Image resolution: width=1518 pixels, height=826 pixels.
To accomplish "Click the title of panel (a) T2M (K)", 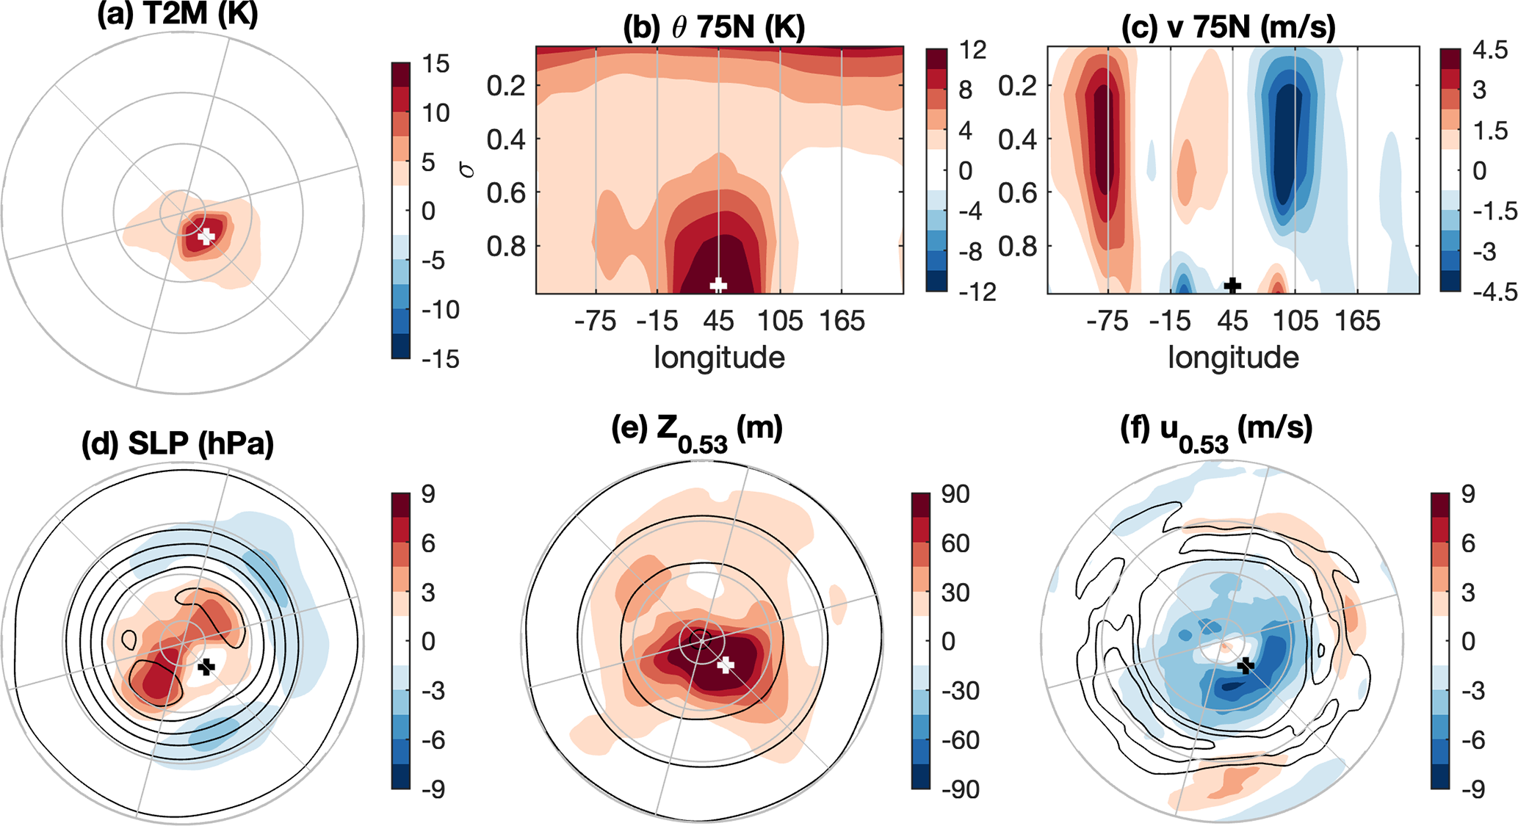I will coord(178,15).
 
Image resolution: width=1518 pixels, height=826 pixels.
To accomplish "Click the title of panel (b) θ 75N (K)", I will coord(714,28).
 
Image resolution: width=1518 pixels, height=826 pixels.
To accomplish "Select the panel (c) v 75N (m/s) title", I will coord(1229,28).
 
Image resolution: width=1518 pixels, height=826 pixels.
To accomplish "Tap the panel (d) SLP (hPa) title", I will coord(178,443).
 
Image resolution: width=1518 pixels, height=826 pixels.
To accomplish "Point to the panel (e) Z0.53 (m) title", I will coord(697,430).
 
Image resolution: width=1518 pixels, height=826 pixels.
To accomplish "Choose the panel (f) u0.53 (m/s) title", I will coord(1216,430).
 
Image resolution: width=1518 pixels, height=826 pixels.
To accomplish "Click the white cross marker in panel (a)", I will coord(206,236).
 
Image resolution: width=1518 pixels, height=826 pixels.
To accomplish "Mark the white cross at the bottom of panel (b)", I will coord(718,285).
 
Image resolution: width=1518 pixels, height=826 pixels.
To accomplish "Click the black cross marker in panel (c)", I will coord(1232,285).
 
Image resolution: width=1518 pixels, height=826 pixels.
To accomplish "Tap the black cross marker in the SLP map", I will coord(206,667).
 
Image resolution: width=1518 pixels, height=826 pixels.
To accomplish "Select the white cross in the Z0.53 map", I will coord(726,665).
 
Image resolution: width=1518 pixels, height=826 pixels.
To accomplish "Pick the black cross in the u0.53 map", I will coord(1246,666).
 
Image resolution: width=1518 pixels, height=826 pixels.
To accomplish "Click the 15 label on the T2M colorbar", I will coord(435,65).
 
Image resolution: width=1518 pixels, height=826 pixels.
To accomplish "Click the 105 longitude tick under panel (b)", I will coord(780,322).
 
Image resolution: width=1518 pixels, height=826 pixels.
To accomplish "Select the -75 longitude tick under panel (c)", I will coord(1107,322).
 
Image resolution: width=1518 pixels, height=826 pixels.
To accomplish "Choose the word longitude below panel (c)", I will coord(1233,358).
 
